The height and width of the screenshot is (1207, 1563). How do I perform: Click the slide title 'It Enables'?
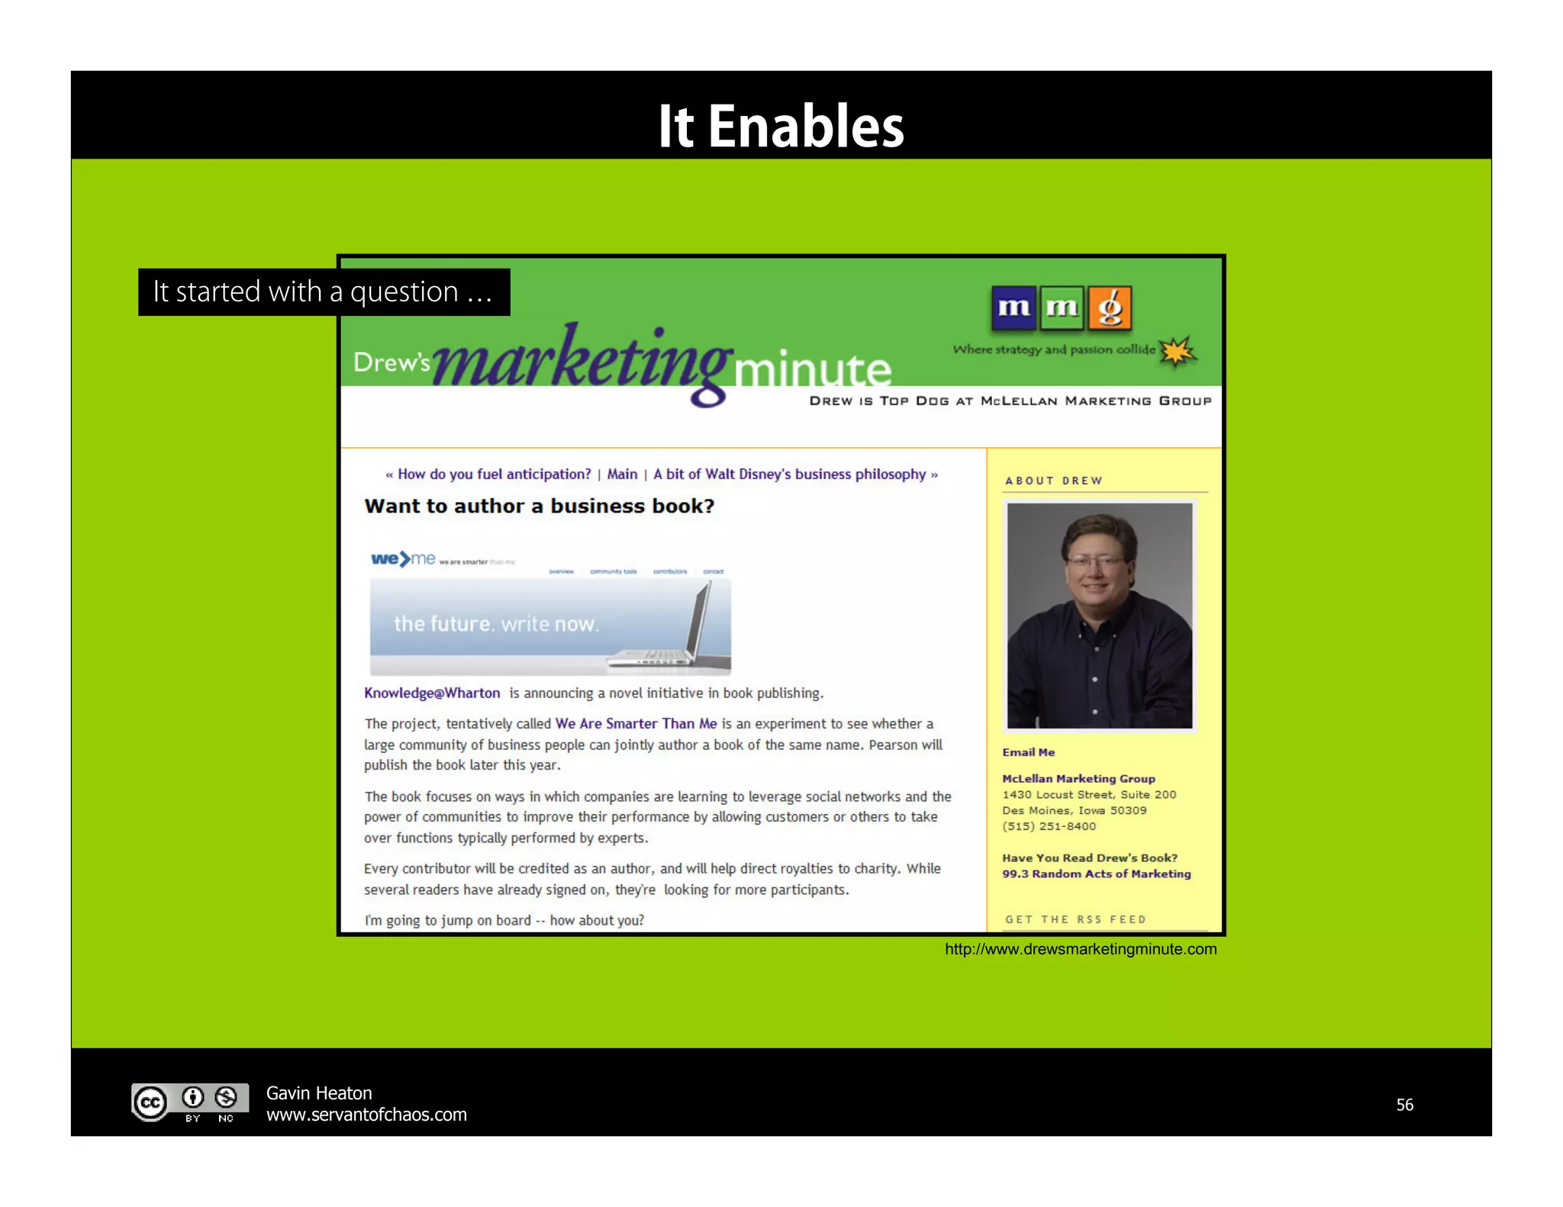[x=781, y=126]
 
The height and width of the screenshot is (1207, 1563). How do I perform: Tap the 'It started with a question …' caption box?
[x=324, y=292]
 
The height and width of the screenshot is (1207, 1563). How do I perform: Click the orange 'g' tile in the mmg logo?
[x=1110, y=308]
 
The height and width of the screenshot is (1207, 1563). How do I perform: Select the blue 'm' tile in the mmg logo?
[x=1014, y=308]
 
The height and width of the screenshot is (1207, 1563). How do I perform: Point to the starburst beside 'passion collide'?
[x=1177, y=352]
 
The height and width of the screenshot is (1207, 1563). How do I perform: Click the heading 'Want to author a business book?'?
[x=539, y=507]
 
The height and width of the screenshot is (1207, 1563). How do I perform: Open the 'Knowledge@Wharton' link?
[x=432, y=693]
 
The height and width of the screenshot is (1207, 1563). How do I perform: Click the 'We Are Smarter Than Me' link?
[x=636, y=723]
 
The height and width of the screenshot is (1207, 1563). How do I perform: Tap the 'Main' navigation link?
[x=622, y=474]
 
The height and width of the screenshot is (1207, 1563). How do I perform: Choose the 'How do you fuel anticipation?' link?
[x=494, y=474]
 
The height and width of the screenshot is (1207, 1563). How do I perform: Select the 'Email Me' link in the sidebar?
[x=1028, y=752]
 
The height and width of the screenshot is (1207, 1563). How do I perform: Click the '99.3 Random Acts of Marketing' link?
[x=1096, y=874]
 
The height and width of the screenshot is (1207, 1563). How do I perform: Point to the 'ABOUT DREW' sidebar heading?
[x=1053, y=481]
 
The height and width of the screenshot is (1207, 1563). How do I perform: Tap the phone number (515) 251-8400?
[x=1049, y=826]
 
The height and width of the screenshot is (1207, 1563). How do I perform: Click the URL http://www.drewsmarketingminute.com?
[x=1081, y=949]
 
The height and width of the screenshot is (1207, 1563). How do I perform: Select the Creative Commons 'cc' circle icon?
[x=150, y=1103]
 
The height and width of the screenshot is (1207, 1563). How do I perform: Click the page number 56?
[x=1404, y=1105]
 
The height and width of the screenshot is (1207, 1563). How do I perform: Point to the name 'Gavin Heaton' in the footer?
[x=319, y=1093]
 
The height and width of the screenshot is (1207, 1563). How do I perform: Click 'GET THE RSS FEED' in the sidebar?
[x=1075, y=919]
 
